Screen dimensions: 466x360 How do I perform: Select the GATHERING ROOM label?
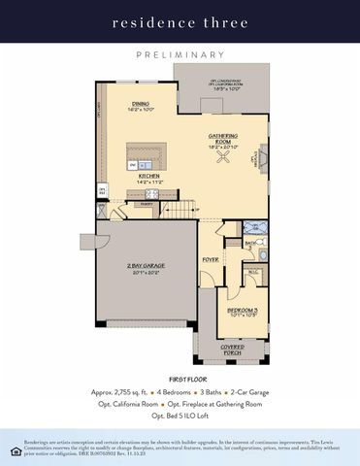(223, 138)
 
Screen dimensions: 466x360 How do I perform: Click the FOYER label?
(211, 260)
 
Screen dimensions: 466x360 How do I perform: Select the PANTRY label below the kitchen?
(147, 204)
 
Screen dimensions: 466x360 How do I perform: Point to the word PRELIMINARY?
(180, 55)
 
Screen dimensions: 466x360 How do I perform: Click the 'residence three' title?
(180, 20)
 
